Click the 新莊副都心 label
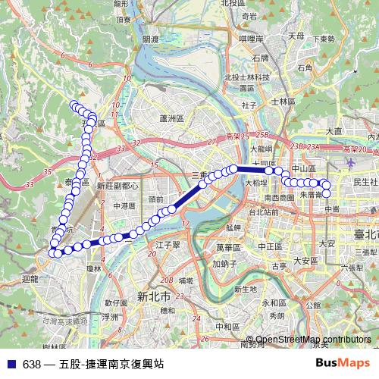click(117, 185)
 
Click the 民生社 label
click(365, 182)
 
